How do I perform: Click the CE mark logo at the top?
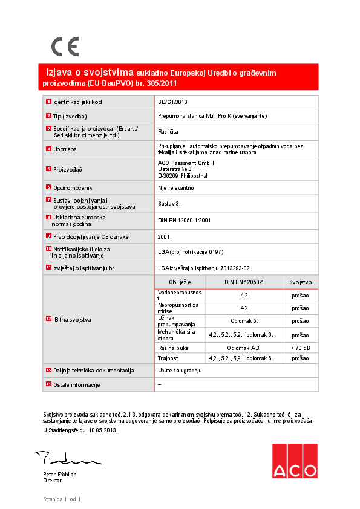coord(65,47)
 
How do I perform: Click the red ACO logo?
coord(294,461)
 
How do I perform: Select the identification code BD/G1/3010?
coord(172,102)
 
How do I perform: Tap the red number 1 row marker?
coord(48,102)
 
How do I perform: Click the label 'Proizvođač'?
coord(67,170)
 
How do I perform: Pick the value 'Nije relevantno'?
coord(176,188)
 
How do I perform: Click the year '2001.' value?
coord(165,236)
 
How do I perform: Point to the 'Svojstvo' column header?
coord(300,282)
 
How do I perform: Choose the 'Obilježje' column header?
coord(180,282)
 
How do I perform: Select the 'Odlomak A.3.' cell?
coord(244,348)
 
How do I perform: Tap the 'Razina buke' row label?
coord(173,348)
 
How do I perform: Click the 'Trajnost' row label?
coord(169,358)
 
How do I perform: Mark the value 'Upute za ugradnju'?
coord(179,370)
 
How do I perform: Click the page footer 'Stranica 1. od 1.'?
coord(62,499)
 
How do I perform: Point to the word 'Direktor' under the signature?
coord(53,481)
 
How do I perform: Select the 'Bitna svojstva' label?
coord(73,319)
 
